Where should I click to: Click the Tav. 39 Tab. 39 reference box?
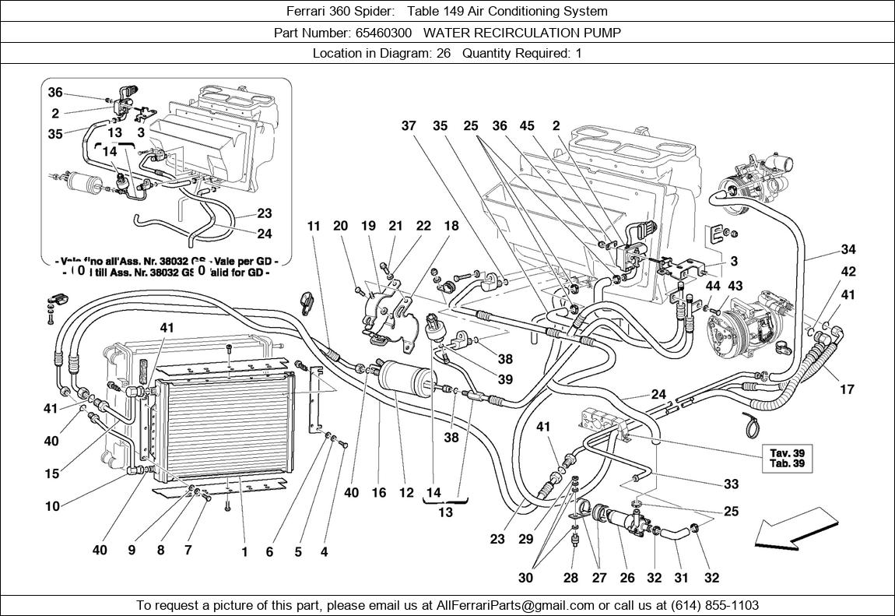point(787,459)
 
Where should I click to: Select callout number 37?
point(409,126)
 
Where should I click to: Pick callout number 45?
point(527,126)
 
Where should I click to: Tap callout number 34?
point(848,250)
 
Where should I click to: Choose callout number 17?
point(848,389)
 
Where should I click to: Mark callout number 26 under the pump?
point(626,578)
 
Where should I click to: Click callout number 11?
point(314,227)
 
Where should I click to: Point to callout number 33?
point(731,484)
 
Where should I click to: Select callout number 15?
point(51,473)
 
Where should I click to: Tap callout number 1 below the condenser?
point(244,552)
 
